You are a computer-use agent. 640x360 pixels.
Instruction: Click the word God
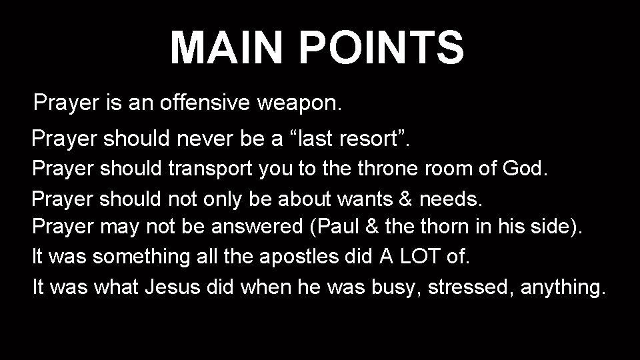pyautogui.click(x=526, y=168)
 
